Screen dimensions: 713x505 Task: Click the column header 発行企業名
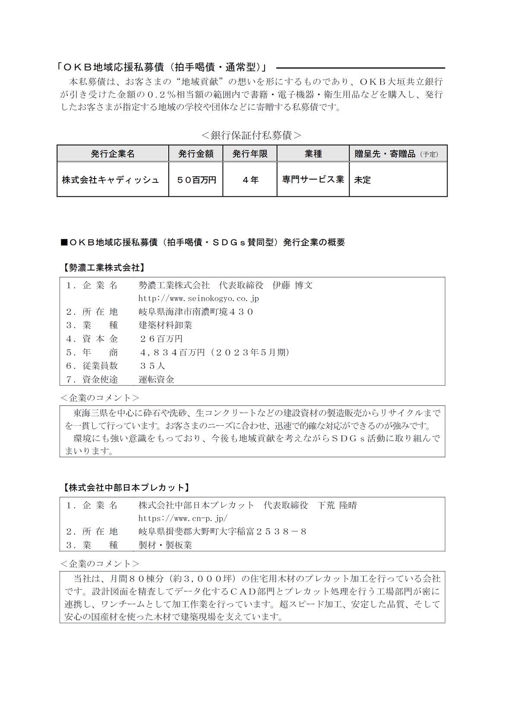click(113, 154)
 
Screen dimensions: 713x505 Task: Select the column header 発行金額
click(196, 154)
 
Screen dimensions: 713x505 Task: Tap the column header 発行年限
click(250, 154)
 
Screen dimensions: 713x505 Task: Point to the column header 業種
click(313, 154)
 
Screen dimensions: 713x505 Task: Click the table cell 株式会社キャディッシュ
click(110, 180)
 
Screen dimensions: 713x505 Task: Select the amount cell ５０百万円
click(196, 180)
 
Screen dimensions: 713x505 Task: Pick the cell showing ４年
click(250, 180)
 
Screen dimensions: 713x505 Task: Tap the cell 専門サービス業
click(313, 179)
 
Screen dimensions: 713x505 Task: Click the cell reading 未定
click(363, 180)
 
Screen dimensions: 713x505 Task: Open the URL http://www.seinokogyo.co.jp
click(199, 298)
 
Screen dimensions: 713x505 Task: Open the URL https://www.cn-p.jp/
click(183, 518)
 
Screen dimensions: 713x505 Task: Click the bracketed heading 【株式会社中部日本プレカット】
click(124, 488)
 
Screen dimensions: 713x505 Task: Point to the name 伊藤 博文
click(293, 285)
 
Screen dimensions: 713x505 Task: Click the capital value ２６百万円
click(161, 339)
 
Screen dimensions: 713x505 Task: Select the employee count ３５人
click(152, 366)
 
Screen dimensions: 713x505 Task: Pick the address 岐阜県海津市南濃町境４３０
click(196, 312)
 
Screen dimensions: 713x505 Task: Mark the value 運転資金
click(156, 380)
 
